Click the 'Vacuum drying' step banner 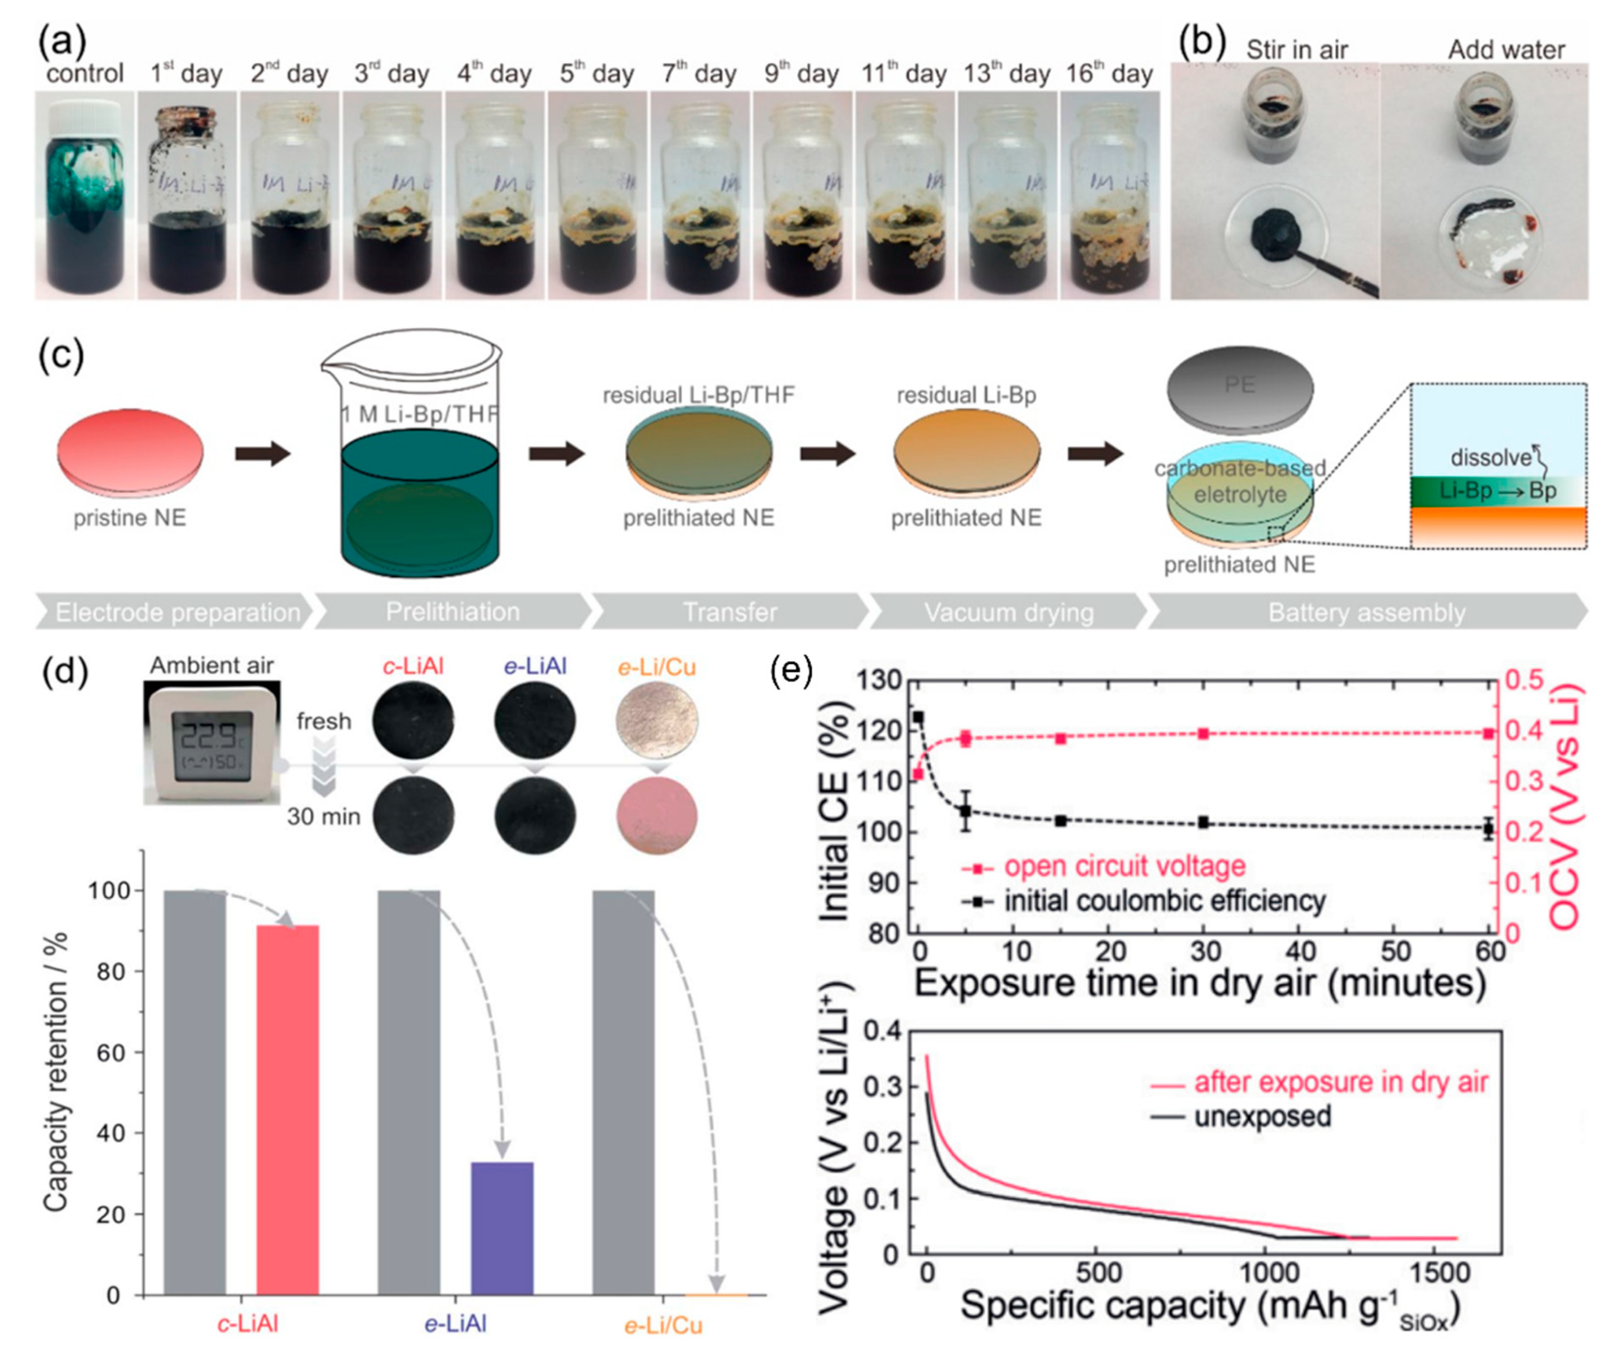(x=1008, y=612)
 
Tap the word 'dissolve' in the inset (x=1490, y=457)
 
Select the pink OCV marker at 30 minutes (x=1203, y=734)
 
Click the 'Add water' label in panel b (x=1506, y=50)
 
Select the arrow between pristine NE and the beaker (x=262, y=454)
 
